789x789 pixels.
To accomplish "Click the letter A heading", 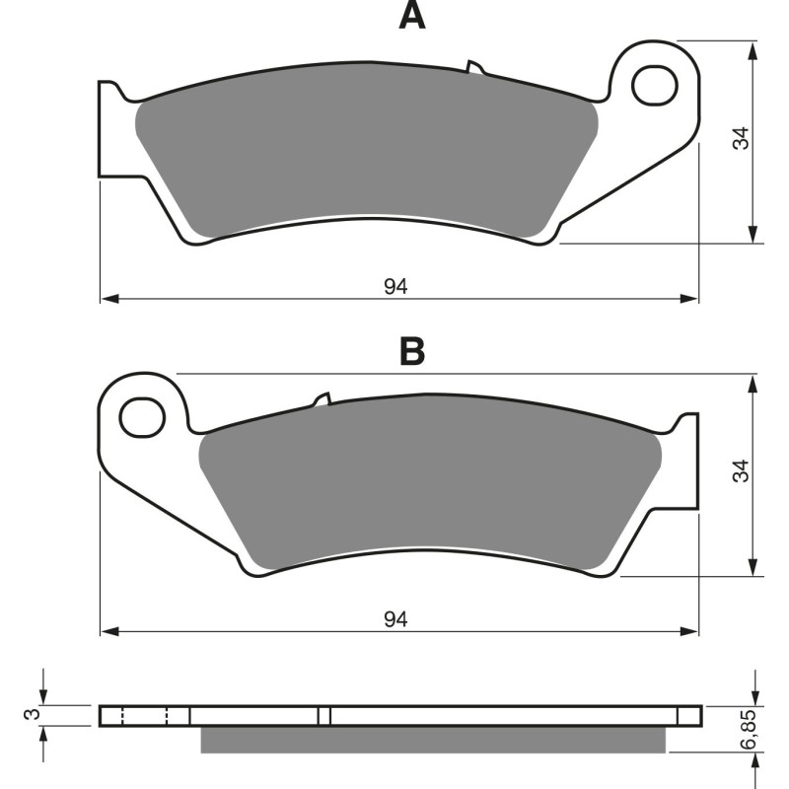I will tap(412, 16).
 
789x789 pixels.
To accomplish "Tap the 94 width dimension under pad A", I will tap(395, 287).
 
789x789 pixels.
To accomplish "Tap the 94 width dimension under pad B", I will tap(395, 619).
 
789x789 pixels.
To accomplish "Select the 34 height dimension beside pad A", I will tap(742, 138).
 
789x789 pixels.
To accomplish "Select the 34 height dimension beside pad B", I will tap(742, 470).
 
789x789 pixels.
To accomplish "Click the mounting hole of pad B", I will tap(142, 417).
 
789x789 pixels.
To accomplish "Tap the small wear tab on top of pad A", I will tap(475, 68).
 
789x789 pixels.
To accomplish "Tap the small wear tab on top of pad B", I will tap(321, 399).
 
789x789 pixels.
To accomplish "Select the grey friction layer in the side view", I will tap(434, 741).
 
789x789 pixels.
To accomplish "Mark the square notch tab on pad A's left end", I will tap(110, 133).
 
